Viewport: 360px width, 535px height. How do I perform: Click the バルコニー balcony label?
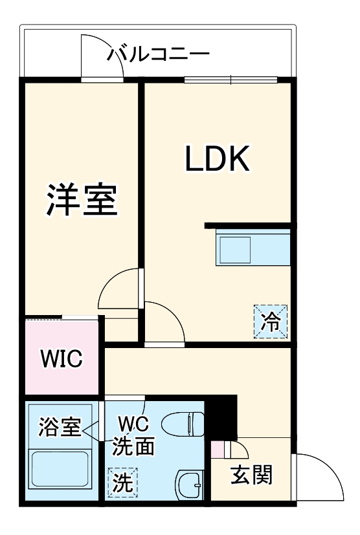point(158,53)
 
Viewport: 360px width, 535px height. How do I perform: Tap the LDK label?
point(218,158)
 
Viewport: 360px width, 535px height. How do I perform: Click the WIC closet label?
point(62,359)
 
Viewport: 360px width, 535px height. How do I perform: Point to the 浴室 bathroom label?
point(60,426)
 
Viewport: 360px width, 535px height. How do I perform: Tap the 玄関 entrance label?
point(251,476)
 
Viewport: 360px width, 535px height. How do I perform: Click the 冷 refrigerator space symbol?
point(268,321)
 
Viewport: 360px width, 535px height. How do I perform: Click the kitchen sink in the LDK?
point(234,248)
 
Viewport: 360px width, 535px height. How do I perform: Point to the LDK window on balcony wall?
point(231,80)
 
